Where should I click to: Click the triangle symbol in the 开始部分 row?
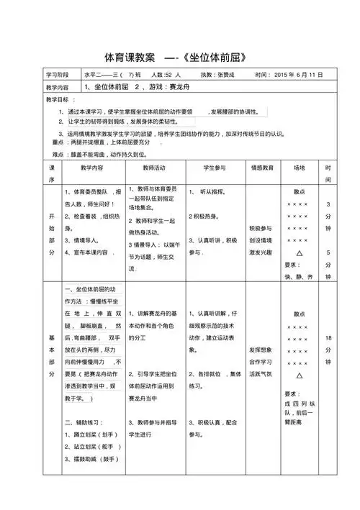299,253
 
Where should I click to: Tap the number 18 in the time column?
328,337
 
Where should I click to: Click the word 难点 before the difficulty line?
60,154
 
